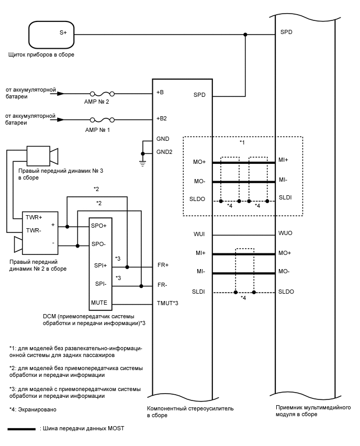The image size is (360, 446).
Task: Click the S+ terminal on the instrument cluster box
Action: point(63,32)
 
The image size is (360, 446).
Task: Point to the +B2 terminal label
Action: point(161,118)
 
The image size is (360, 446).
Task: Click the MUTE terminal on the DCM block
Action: point(100,303)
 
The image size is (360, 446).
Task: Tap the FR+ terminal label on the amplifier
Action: point(162,265)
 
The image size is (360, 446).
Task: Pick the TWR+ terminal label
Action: point(35,216)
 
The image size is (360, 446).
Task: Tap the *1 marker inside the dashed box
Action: point(242,142)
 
